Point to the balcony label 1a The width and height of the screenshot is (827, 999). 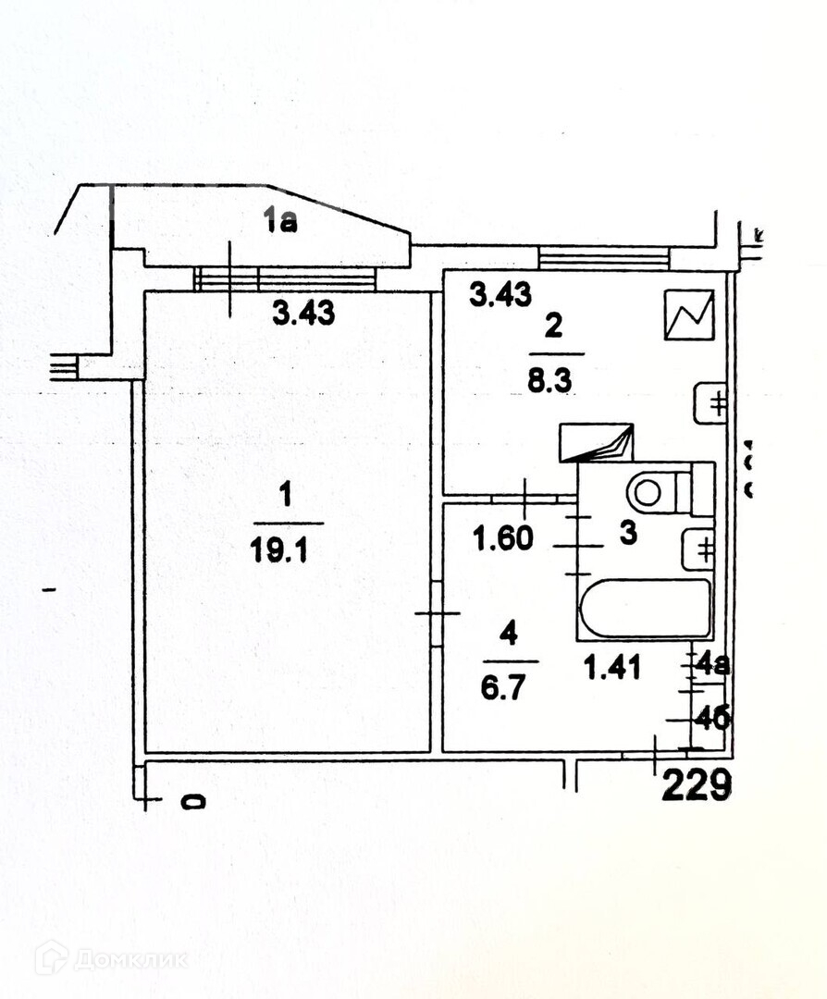pyautogui.click(x=279, y=221)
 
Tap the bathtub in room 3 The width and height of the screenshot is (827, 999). pyautogui.click(x=645, y=608)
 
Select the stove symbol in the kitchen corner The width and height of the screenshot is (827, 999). pyautogui.click(x=688, y=314)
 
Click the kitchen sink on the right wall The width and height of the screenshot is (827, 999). pyautogui.click(x=710, y=402)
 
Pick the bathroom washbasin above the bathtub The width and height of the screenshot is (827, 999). pyautogui.click(x=697, y=549)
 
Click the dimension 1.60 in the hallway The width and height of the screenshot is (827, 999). pyautogui.click(x=503, y=537)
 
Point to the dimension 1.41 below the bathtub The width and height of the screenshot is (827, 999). pyautogui.click(x=611, y=666)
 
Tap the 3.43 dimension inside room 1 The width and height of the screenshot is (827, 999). pyautogui.click(x=303, y=314)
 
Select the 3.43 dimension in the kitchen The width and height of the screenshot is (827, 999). pyautogui.click(x=500, y=295)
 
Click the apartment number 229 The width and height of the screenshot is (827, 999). pyautogui.click(x=697, y=786)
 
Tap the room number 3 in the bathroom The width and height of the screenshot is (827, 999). pyautogui.click(x=628, y=536)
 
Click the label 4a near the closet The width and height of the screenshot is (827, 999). pyautogui.click(x=713, y=664)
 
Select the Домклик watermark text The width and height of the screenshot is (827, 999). pyautogui.click(x=130, y=958)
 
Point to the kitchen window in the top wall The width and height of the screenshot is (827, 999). pyautogui.click(x=604, y=257)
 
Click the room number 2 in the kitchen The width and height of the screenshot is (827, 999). pyautogui.click(x=553, y=327)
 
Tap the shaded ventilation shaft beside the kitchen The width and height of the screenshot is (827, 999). pyautogui.click(x=596, y=442)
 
